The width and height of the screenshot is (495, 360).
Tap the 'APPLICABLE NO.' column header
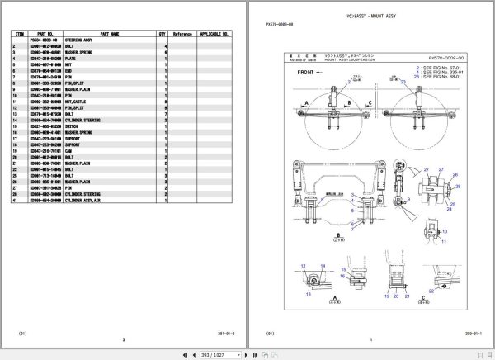click(x=213, y=34)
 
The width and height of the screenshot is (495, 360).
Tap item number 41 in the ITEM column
click(x=14, y=200)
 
